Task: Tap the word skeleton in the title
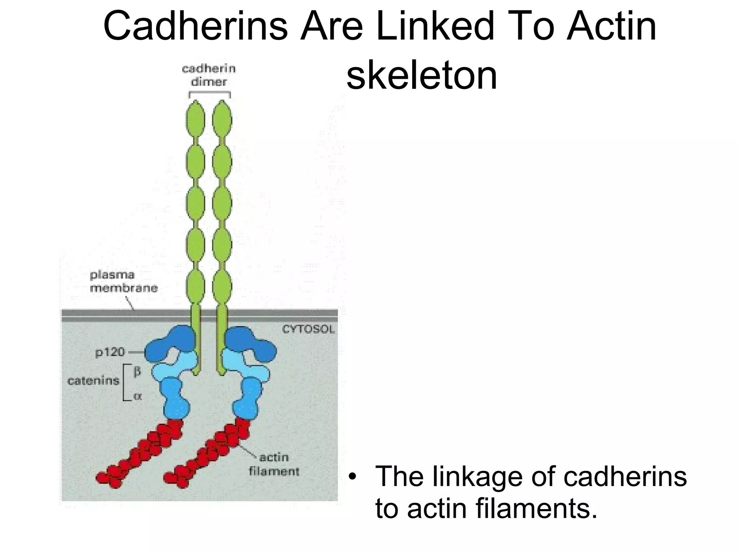[x=422, y=76]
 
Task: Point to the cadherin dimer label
[x=209, y=75]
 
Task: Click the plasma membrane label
[x=124, y=281]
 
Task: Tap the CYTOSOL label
[x=308, y=329]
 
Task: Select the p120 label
[x=110, y=352]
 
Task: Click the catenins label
[x=93, y=381]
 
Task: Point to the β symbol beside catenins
[x=137, y=371]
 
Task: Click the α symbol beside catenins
[x=137, y=396]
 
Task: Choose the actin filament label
[x=274, y=464]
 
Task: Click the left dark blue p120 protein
[x=169, y=344]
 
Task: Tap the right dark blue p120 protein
[x=250, y=344]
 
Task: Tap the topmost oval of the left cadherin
[x=195, y=119]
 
